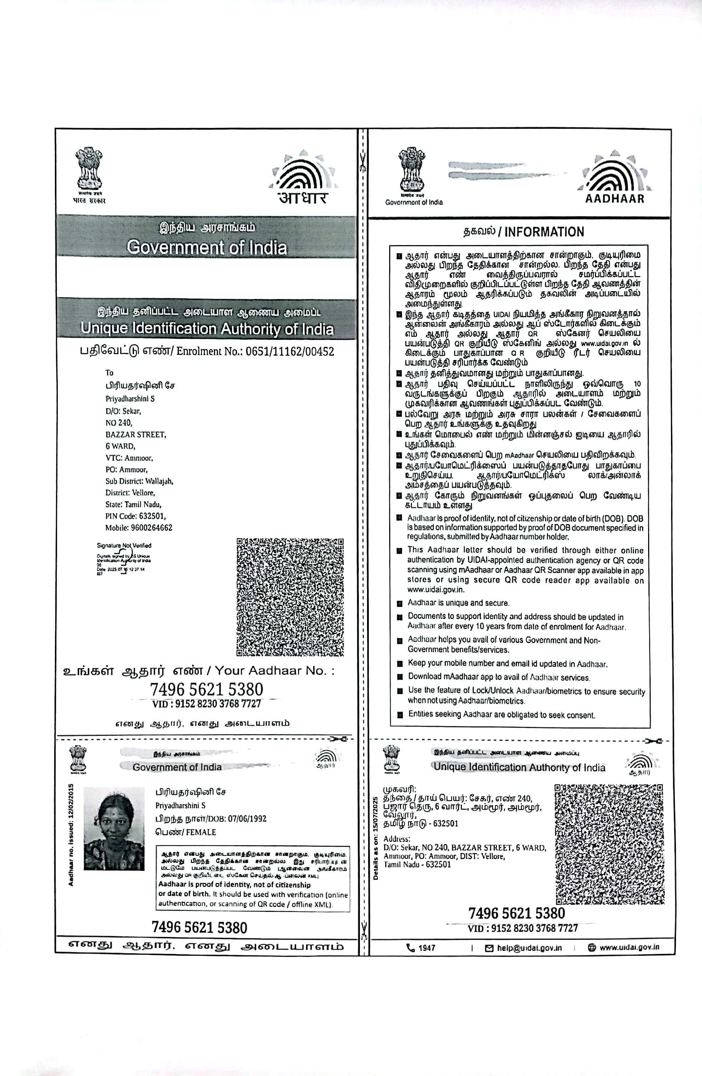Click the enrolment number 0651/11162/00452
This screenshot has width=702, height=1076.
[289, 352]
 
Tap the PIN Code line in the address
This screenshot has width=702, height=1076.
[136, 516]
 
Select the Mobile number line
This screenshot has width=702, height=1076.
[139, 528]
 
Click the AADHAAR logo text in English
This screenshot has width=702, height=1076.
[614, 198]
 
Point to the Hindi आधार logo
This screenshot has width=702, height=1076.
[303, 198]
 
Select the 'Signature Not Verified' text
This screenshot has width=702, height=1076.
[124, 546]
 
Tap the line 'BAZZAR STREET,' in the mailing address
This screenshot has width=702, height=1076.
[136, 435]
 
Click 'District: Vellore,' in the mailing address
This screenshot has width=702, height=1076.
[130, 492]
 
